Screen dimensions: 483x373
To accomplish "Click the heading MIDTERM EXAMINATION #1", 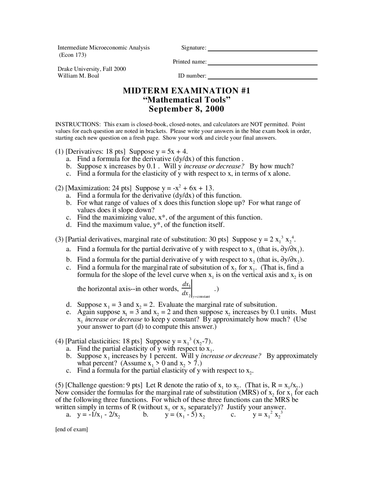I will pyautogui.click(x=186, y=91).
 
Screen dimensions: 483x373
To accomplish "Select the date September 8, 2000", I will pyautogui.click(x=186, y=109).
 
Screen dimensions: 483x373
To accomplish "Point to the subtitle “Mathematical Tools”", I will pyautogui.click(x=186, y=100).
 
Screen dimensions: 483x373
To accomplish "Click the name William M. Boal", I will pyautogui.click(x=78, y=76).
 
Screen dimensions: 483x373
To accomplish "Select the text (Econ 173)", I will pyautogui.click(x=73, y=55).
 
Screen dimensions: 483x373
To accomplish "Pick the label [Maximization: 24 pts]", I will pyautogui.click(x=98, y=188).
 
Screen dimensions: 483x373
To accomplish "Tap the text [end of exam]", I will pyautogui.click(x=71, y=430).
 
